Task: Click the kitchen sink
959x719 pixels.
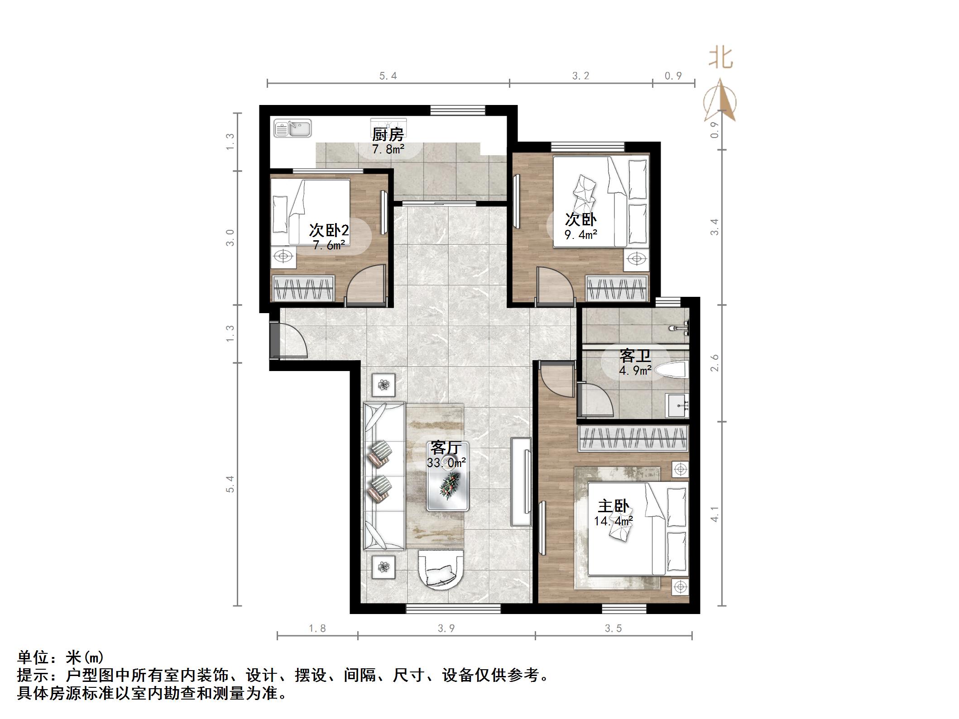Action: coord(292,128)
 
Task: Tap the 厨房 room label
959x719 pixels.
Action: coord(388,134)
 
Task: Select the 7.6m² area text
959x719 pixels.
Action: coord(329,246)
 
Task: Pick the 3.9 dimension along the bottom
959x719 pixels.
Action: coord(446,629)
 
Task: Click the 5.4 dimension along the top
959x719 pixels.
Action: coord(388,76)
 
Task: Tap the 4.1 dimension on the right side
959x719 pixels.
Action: coord(715,514)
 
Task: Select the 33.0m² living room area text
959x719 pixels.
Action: coord(446,463)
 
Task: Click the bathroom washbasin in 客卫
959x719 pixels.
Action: coord(676,405)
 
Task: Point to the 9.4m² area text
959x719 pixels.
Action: coord(580,234)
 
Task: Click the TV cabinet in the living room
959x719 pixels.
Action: coord(521,481)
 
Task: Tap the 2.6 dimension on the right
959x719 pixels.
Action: coord(715,363)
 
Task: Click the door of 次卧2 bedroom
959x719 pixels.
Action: coord(367,283)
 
